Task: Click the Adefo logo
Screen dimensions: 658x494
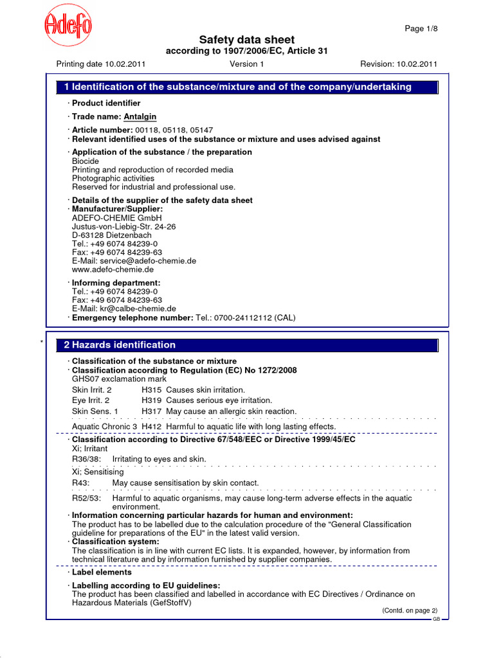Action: coord(68,27)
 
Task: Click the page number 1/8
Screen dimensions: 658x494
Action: coord(421,29)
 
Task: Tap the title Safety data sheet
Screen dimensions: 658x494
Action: coord(246,40)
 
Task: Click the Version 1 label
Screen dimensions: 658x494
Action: coord(246,64)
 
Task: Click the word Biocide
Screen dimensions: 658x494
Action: coord(86,161)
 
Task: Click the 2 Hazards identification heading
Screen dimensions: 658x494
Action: coord(120,345)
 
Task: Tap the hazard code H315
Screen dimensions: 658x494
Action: coord(152,390)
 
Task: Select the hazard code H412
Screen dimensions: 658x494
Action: coord(152,427)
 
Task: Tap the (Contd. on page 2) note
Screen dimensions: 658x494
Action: coord(409,610)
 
